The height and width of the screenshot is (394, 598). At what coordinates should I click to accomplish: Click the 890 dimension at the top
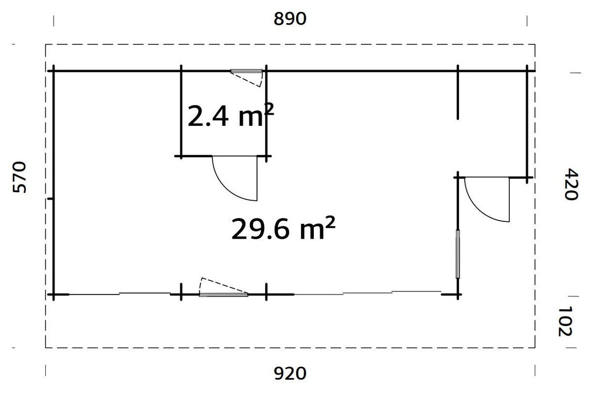[290, 19]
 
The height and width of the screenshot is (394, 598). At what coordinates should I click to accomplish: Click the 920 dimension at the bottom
[290, 373]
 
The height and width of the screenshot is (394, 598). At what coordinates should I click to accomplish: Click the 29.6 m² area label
[283, 229]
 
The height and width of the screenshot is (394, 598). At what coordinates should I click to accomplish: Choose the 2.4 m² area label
[230, 117]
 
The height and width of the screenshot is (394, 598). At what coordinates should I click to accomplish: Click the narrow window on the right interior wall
[458, 254]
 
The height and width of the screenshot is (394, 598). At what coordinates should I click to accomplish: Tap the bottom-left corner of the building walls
[53, 294]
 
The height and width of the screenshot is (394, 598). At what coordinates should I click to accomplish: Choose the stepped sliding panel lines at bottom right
[367, 293]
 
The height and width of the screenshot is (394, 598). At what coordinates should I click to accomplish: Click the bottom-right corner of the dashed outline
[535, 348]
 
